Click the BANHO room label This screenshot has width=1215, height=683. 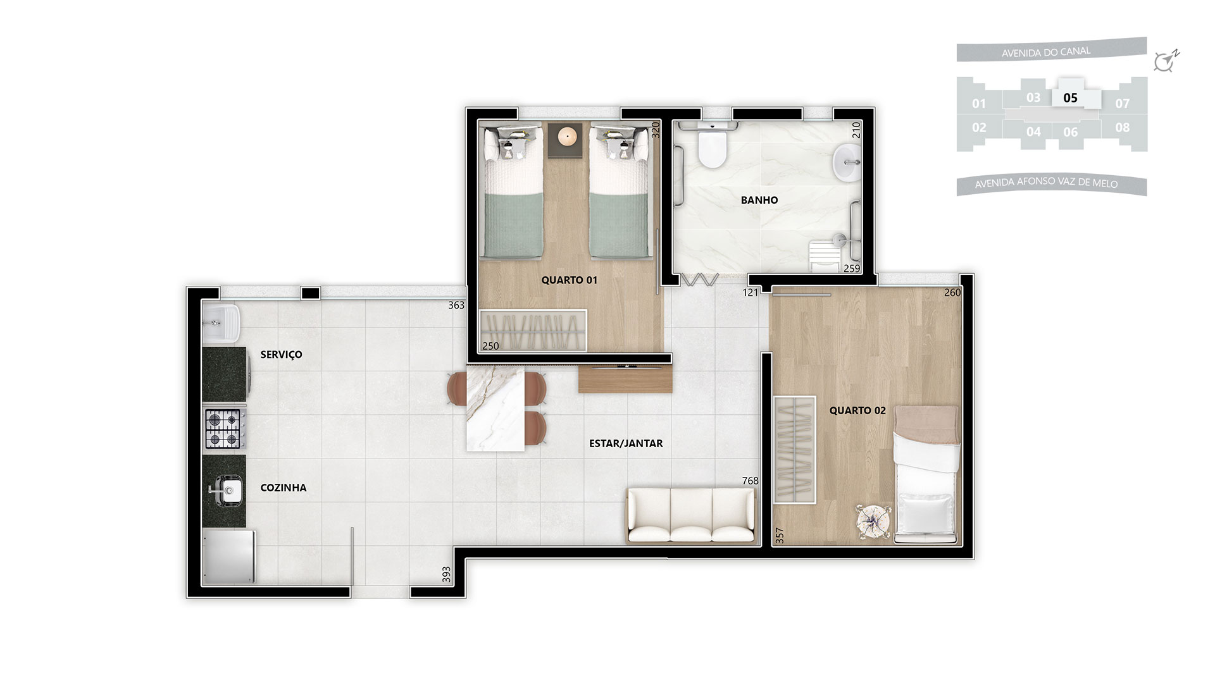[759, 200]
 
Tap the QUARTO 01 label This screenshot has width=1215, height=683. [570, 280]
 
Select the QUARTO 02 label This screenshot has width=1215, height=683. [857, 410]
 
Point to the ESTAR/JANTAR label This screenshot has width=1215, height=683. [626, 443]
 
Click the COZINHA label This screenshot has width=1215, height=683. [283, 488]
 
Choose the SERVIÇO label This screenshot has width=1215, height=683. [281, 355]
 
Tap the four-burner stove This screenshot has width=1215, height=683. [225, 429]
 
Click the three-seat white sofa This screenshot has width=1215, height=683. [691, 515]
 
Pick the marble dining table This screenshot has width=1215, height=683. [495, 409]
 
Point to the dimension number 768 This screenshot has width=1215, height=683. [750, 481]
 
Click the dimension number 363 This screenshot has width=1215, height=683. [456, 305]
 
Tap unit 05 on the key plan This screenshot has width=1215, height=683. [1070, 98]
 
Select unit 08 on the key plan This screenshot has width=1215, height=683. [1123, 128]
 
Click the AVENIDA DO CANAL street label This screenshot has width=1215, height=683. [1046, 52]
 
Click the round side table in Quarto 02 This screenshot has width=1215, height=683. [873, 521]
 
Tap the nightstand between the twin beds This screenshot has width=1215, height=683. [566, 140]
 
